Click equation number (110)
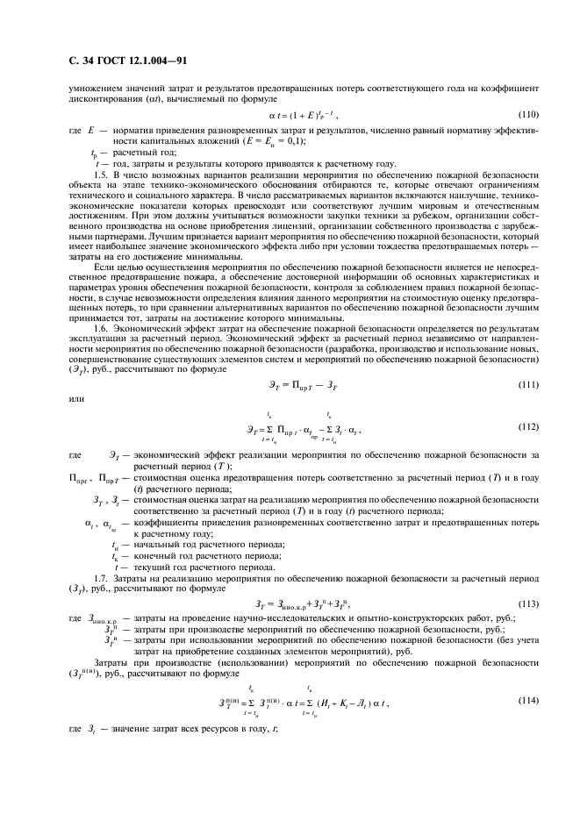coord(527,115)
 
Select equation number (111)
coord(527,385)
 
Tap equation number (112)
coord(527,427)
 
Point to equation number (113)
coord(527,603)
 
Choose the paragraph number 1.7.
coord(101,578)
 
